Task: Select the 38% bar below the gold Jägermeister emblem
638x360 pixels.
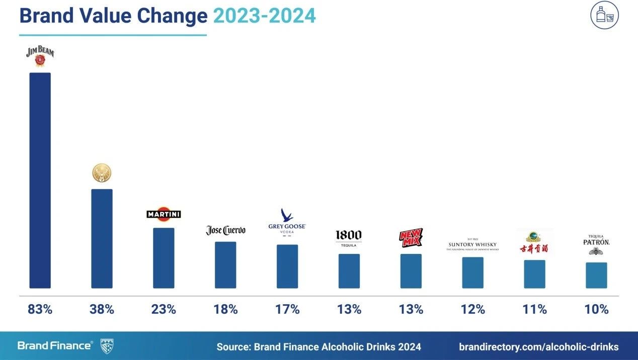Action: click(x=102, y=238)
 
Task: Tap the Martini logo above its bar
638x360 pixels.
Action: click(x=164, y=214)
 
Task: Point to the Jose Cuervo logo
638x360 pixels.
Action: click(x=225, y=230)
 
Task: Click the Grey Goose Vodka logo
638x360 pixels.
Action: click(x=287, y=222)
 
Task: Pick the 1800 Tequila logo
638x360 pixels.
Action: click(x=349, y=238)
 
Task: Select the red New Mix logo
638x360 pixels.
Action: click(x=411, y=238)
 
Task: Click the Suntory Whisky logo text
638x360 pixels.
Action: click(x=473, y=245)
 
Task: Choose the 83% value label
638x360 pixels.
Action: click(x=40, y=309)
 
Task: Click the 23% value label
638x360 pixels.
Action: click(x=164, y=309)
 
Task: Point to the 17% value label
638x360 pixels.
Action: click(x=287, y=309)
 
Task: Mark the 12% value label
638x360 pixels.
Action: click(x=473, y=309)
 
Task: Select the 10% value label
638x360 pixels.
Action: click(x=596, y=309)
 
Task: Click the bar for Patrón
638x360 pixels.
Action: click(x=596, y=275)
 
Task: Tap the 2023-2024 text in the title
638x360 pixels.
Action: click(x=264, y=16)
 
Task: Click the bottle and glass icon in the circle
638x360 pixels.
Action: click(x=604, y=15)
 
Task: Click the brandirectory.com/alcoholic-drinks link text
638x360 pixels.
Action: click(x=539, y=346)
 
